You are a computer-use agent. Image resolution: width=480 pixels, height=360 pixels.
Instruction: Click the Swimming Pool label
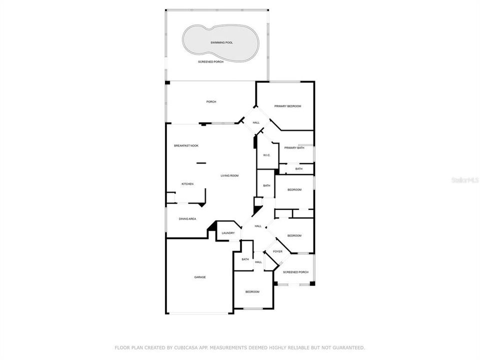pyautogui.click(x=221, y=42)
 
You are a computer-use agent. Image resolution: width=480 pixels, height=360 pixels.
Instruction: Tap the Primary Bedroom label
pyautogui.click(x=287, y=106)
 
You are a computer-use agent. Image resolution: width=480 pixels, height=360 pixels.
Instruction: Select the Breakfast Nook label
pyautogui.click(x=186, y=145)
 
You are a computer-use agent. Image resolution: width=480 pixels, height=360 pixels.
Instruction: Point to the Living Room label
pyautogui.click(x=229, y=175)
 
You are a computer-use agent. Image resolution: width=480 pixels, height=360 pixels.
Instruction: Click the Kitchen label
pyautogui.click(x=187, y=184)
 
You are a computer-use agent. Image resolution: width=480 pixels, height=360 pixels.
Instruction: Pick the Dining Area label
pyautogui.click(x=187, y=219)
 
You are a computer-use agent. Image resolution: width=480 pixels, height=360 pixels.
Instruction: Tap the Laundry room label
pyautogui.click(x=228, y=233)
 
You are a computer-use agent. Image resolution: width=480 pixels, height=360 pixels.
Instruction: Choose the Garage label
pyautogui.click(x=200, y=277)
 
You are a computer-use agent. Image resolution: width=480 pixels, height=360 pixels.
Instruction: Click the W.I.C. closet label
pyautogui.click(x=266, y=155)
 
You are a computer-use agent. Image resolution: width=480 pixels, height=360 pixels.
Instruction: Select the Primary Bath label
pyautogui.click(x=294, y=148)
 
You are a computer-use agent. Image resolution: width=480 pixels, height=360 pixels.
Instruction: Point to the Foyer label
pyautogui.click(x=277, y=251)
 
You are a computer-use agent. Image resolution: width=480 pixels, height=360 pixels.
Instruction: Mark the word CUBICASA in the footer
pyautogui.click(x=185, y=348)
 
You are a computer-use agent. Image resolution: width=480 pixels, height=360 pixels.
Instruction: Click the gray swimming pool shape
pyautogui.click(x=220, y=43)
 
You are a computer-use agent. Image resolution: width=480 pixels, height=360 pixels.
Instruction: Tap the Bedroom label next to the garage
pyautogui.click(x=252, y=292)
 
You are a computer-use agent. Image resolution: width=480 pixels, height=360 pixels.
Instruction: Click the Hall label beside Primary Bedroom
pyautogui.click(x=256, y=123)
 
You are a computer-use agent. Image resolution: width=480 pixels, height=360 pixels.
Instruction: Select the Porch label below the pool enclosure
pyautogui.click(x=211, y=101)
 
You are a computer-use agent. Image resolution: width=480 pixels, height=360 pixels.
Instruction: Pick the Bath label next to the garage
pyautogui.click(x=245, y=259)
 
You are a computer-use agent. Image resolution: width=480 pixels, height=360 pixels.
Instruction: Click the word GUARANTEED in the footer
pyautogui.click(x=348, y=348)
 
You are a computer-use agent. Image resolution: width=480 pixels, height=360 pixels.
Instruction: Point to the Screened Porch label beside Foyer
pyautogui.click(x=295, y=272)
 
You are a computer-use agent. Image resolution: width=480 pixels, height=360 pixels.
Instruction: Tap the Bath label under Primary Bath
pyautogui.click(x=299, y=169)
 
